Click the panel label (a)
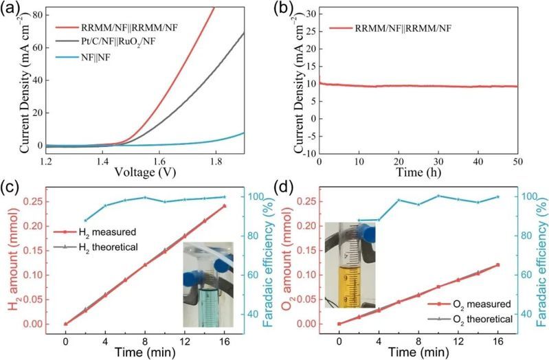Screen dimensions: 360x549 (10, 10)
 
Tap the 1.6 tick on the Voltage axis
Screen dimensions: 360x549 (145, 161)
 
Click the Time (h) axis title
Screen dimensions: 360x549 (418, 174)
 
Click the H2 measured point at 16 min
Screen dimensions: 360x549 (224, 206)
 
